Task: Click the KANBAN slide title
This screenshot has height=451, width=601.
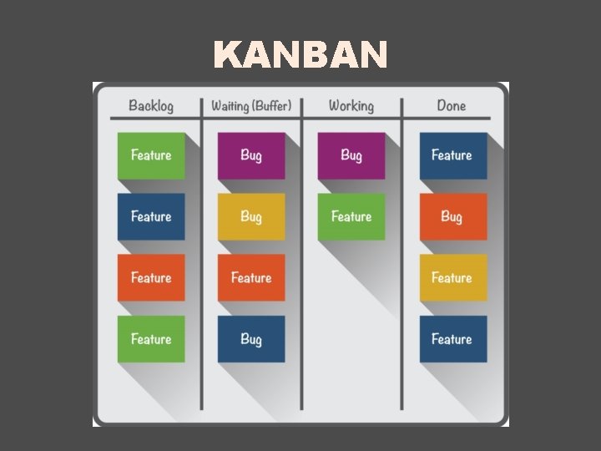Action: [300, 56]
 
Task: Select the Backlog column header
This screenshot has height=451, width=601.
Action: [151, 106]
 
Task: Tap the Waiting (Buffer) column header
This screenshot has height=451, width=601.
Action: [251, 106]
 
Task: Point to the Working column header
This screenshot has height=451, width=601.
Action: [351, 106]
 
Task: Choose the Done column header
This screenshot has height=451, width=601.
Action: [451, 106]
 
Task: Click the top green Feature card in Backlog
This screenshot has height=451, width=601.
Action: [151, 155]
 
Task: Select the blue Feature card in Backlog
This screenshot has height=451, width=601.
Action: [151, 216]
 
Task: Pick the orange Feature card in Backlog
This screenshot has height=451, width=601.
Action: [151, 277]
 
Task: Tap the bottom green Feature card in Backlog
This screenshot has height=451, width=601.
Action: [151, 338]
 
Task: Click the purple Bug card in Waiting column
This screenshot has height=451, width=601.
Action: [251, 155]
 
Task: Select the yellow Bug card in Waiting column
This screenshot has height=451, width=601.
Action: [251, 216]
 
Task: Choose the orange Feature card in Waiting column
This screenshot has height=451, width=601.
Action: [251, 277]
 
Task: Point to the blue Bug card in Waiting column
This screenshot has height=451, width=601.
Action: [251, 338]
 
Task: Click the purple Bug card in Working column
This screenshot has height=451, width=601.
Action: [351, 155]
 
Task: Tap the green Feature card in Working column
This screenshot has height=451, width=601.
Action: [351, 216]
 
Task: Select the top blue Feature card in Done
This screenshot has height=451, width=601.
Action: [452, 155]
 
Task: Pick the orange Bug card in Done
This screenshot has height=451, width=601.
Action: [452, 216]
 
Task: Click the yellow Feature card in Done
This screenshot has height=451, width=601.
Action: [452, 277]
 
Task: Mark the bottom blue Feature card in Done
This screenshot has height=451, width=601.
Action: [452, 338]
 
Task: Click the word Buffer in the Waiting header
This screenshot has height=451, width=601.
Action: [271, 106]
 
